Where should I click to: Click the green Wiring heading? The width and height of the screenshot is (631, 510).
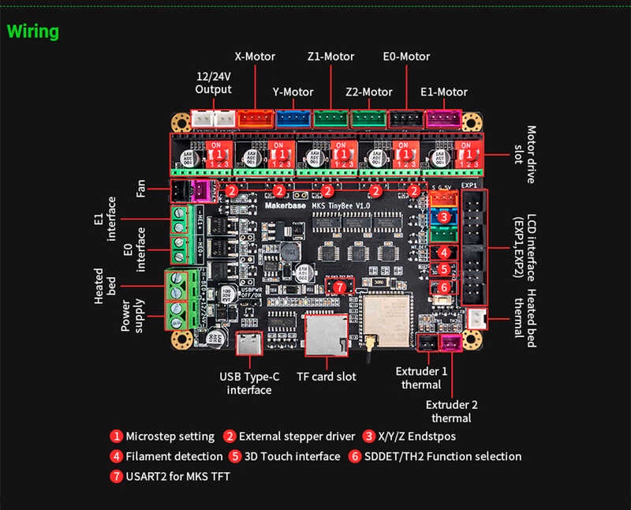33,32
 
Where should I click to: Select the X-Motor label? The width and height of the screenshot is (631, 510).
256,57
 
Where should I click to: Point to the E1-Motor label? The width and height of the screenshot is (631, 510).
444,92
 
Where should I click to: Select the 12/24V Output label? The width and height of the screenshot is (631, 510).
214,83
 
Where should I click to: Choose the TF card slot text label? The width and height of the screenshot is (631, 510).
326,377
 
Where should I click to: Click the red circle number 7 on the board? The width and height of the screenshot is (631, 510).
339,288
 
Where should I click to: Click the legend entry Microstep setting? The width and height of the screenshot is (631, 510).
170,436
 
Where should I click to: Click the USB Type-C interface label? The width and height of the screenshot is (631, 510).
249,383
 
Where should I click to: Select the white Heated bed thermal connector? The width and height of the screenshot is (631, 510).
478,319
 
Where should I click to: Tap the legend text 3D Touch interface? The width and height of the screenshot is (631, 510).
293,456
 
